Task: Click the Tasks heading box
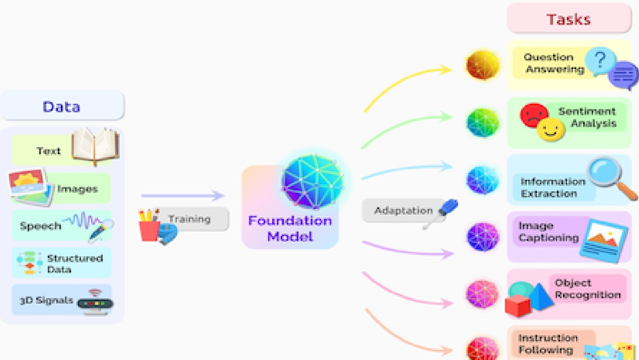click(569, 19)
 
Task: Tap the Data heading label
click(61, 106)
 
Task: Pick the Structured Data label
click(74, 264)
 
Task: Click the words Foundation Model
click(290, 228)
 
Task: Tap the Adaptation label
click(403, 210)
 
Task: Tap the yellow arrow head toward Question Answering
click(446, 69)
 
